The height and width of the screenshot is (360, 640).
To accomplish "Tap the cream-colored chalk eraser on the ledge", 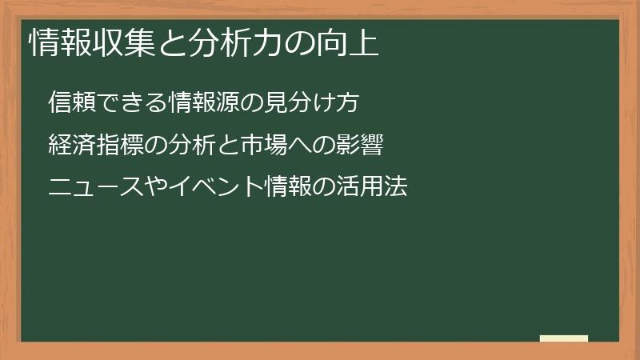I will coord(563,338).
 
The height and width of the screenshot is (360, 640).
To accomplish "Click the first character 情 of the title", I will coord(42,43).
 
